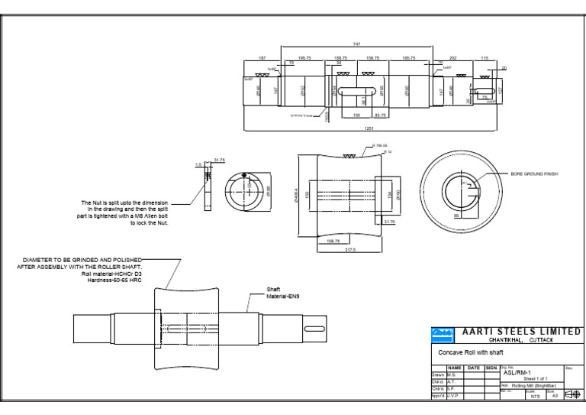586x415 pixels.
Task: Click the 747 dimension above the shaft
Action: pos(356,44)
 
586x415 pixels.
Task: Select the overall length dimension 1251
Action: pos(369,129)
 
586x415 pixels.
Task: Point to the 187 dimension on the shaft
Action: pos(262,58)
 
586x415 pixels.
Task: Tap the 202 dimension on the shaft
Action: pos(452,58)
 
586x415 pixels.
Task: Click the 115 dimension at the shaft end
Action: pos(485,58)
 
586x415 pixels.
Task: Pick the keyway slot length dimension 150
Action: pos(356,115)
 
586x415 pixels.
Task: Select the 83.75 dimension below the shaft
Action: pos(380,115)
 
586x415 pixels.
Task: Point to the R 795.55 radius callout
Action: pos(380,145)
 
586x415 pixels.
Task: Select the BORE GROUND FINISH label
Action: pos(534,174)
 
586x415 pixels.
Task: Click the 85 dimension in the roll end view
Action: pos(456,216)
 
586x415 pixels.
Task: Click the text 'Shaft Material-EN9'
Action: pos(278,292)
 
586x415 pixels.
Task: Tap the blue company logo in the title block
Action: pos(443,332)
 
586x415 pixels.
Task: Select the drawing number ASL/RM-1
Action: pos(518,372)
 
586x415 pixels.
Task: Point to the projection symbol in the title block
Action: pos(572,395)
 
